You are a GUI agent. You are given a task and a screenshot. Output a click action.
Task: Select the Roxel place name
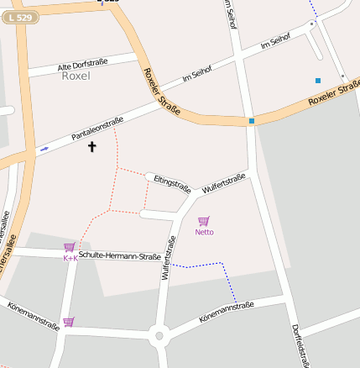click(x=76, y=76)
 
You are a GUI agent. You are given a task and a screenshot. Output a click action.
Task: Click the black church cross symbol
click(x=91, y=148)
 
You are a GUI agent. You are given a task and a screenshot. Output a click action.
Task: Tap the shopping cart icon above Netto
click(x=203, y=221)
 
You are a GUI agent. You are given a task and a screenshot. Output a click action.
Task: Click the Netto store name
click(x=204, y=231)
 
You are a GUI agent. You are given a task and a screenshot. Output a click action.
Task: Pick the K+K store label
click(x=70, y=258)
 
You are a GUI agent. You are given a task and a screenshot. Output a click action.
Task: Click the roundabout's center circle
click(x=159, y=336)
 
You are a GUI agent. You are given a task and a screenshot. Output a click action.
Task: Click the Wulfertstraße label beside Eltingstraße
click(x=223, y=183)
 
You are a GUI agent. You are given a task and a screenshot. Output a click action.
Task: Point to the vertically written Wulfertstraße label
click(x=169, y=257)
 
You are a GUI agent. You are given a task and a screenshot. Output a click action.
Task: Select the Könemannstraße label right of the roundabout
click(x=227, y=312)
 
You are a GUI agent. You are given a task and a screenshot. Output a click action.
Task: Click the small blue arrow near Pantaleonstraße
click(x=44, y=148)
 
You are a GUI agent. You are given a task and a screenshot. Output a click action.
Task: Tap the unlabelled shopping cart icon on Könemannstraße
click(x=69, y=321)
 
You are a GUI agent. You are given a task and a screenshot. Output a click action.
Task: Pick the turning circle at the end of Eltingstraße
click(x=149, y=176)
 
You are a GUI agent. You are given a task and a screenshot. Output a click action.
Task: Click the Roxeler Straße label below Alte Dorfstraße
click(x=162, y=92)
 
